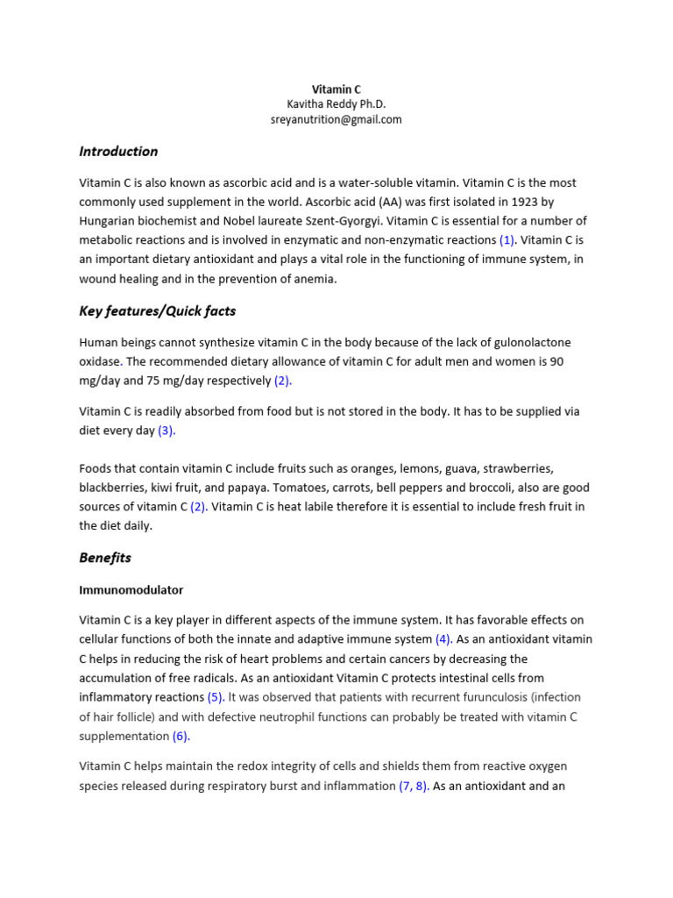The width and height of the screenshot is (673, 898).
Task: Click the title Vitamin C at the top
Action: [336, 89]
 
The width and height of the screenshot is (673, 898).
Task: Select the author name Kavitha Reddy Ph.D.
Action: [336, 104]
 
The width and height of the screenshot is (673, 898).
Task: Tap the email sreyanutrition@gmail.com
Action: [336, 120]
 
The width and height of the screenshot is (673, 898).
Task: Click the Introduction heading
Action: [118, 152]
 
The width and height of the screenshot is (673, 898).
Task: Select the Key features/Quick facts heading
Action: [157, 311]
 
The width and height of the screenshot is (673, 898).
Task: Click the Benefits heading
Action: [105, 558]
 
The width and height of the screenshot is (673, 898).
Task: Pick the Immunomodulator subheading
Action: [131, 590]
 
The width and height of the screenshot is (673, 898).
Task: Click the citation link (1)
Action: [508, 240]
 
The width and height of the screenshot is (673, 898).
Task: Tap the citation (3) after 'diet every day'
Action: [166, 431]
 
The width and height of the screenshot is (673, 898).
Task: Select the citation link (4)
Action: [443, 639]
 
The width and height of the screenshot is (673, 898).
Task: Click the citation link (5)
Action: [216, 697]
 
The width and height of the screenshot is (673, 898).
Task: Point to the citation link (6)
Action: [181, 737]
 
